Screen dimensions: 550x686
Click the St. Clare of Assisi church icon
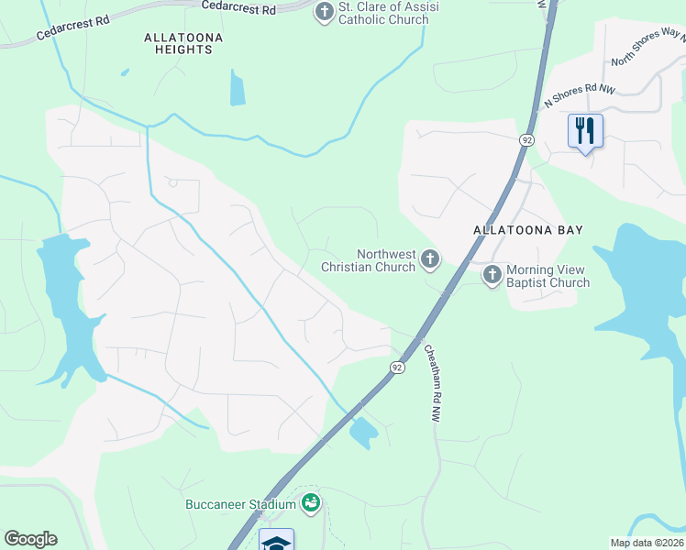tap(324, 12)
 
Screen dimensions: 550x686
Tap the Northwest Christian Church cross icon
tap(428, 260)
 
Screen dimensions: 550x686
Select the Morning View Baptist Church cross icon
tap(492, 274)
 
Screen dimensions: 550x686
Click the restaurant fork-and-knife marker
tap(584, 130)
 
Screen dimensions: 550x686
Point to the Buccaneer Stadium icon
tap(311, 502)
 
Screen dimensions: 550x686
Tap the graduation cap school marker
tap(276, 541)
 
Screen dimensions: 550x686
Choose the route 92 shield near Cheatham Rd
tap(396, 367)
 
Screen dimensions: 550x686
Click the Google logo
tap(30, 539)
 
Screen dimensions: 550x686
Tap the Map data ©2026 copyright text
tap(647, 543)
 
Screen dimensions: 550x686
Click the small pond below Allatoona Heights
tap(238, 88)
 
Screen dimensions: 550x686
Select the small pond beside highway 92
tap(363, 432)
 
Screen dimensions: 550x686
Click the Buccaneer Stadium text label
tap(240, 504)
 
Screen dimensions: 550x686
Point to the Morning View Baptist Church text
tap(548, 276)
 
